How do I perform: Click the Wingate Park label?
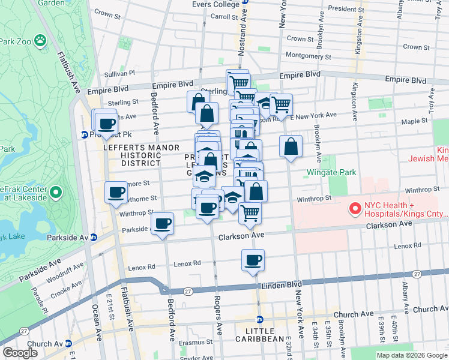(x=331, y=172)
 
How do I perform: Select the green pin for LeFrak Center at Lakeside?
(x=55, y=193)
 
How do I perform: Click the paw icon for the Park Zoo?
(x=40, y=41)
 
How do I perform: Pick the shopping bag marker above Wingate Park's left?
(x=291, y=146)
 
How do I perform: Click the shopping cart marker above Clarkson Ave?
(x=250, y=212)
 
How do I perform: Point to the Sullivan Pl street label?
(x=120, y=73)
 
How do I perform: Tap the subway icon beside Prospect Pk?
(x=85, y=134)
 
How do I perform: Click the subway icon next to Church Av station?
(x=68, y=344)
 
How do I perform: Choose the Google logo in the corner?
(x=20, y=353)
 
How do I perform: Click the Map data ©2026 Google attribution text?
(x=412, y=355)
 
